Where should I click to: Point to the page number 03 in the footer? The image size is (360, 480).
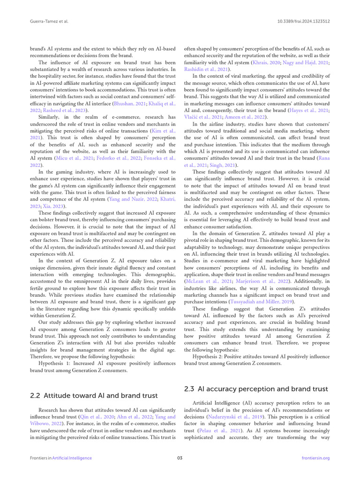point(180,458)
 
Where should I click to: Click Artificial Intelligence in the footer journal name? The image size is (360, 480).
point(72,458)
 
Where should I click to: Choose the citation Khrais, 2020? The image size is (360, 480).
point(267,62)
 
